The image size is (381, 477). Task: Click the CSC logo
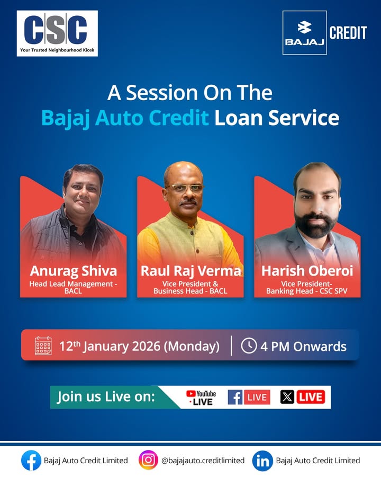(57, 33)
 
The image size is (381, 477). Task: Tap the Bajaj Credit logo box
(304, 32)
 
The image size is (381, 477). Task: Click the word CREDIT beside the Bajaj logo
(348, 33)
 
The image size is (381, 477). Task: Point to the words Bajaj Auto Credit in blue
(125, 118)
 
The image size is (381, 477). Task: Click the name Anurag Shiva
(73, 271)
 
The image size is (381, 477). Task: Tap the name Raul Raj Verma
(190, 271)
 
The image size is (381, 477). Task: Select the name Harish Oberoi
(307, 271)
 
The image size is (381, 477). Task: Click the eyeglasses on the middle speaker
(184, 188)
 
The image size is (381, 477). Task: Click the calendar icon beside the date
(43, 346)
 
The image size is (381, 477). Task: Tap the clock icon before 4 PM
(249, 346)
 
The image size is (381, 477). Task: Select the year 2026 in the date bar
(144, 347)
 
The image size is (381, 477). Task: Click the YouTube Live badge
(202, 397)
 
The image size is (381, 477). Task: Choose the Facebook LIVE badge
(249, 397)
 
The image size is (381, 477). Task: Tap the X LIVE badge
(302, 397)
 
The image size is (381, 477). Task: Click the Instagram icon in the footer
(148, 460)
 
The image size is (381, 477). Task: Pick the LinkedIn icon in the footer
(262, 460)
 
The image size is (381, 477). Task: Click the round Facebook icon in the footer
(31, 460)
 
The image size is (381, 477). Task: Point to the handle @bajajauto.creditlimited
(203, 461)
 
